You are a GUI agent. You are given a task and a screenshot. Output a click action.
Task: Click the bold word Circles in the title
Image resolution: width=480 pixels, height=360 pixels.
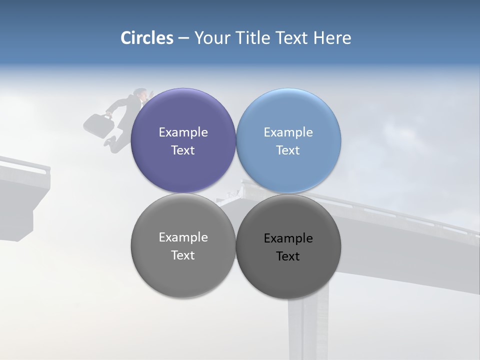click(147, 38)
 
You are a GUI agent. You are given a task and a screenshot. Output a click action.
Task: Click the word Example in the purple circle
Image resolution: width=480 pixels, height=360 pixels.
click(183, 132)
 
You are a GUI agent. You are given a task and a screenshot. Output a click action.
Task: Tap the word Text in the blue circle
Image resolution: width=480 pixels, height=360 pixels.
click(288, 150)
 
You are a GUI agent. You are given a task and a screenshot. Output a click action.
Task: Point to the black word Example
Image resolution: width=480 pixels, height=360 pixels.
click(288, 238)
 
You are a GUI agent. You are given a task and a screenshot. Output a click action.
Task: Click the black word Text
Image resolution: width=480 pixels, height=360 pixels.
click(288, 256)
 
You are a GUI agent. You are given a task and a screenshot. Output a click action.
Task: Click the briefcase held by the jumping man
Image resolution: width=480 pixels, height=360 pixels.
click(98, 125)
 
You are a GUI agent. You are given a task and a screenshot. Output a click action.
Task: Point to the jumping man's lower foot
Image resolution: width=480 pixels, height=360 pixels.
click(108, 142)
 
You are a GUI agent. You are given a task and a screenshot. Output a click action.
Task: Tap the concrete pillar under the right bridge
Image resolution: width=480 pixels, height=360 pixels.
click(307, 325)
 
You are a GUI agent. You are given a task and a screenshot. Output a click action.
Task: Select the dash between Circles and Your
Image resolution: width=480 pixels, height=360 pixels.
click(183, 38)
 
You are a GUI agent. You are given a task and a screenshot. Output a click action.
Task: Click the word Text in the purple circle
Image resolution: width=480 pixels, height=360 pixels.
click(183, 150)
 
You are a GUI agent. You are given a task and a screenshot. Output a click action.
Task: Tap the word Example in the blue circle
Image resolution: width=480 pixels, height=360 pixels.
click(288, 132)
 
